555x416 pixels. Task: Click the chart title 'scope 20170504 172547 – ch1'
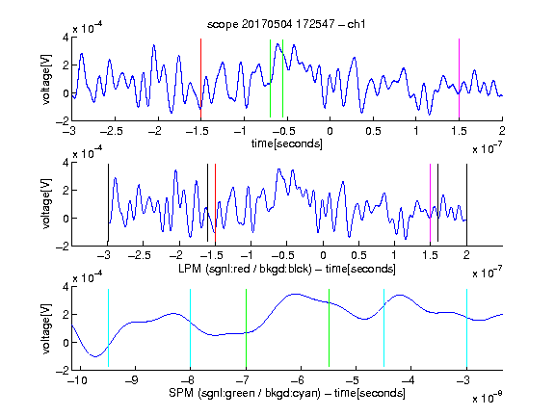click(286, 24)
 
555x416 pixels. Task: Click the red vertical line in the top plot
click(200, 78)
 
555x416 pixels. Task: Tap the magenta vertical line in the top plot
click(459, 78)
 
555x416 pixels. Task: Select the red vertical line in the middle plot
click(215, 202)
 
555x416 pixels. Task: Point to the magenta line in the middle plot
click(430, 202)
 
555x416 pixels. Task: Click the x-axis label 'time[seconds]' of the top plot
click(287, 143)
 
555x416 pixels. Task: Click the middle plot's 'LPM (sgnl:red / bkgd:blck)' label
click(245, 269)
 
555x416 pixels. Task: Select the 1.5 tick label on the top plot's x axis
click(459, 131)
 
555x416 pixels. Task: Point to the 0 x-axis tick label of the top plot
click(330, 131)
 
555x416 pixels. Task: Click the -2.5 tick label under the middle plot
click(140, 255)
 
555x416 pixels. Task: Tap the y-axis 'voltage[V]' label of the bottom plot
click(46, 328)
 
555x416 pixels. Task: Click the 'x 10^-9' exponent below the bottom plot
click(487, 398)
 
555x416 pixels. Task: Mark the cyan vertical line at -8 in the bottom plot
click(191, 328)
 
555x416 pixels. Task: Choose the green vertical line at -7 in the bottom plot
click(246, 328)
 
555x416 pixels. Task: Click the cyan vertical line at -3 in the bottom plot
click(466, 328)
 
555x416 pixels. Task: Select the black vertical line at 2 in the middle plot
click(466, 202)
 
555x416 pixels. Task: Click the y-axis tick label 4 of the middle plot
click(66, 163)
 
